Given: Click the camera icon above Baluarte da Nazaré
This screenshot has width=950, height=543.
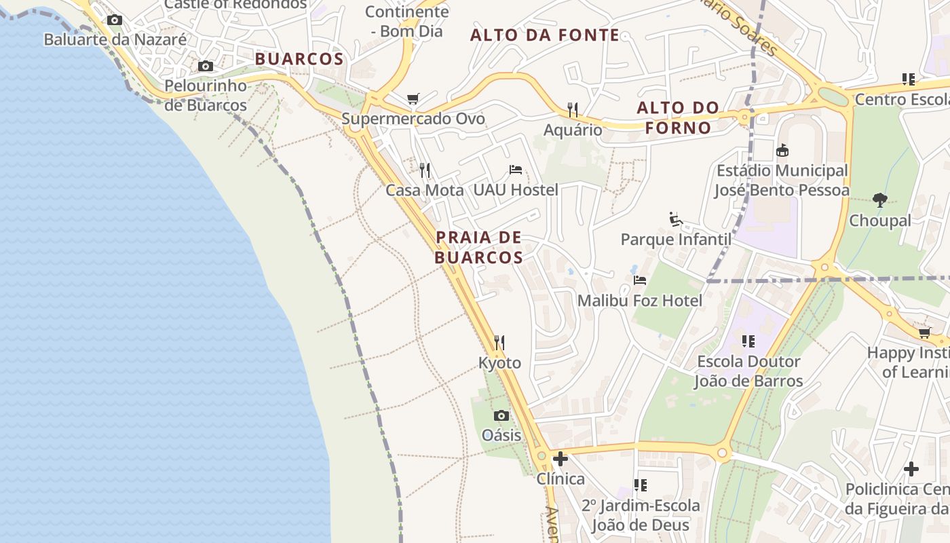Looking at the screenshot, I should tap(115, 20).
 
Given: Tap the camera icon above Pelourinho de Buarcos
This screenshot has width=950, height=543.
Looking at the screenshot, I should tap(206, 67).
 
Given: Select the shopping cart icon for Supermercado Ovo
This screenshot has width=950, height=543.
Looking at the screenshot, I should tap(413, 99).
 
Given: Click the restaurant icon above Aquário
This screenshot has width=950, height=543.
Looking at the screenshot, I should tap(573, 109).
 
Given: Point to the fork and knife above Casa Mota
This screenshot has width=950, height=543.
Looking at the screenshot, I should tap(425, 170).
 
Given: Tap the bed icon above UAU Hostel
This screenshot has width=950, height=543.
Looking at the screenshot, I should tap(516, 170).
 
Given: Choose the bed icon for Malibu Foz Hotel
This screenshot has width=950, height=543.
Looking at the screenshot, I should tap(639, 280).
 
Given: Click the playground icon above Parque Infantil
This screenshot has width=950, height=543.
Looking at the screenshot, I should tap(676, 219).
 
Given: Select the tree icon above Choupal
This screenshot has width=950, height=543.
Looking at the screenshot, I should tap(880, 200).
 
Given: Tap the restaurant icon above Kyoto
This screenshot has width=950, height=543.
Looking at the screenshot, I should tap(499, 342).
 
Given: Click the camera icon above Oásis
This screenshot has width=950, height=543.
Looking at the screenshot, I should tap(501, 415).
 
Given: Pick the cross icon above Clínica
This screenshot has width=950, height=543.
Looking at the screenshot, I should tap(560, 459).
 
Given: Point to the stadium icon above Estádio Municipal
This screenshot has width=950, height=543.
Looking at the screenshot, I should tap(782, 150).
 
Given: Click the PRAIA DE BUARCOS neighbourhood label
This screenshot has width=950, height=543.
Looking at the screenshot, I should tap(479, 247).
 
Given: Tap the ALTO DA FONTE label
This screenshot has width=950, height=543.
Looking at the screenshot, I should tap(545, 35).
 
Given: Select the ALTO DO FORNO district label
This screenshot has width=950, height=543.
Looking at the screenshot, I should tap(678, 117).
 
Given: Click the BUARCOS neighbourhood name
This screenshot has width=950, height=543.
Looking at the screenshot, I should tap(299, 59).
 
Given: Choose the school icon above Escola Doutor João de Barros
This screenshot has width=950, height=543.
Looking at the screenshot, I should tap(748, 341).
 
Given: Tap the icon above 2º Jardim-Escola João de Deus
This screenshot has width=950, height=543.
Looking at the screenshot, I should tap(640, 485).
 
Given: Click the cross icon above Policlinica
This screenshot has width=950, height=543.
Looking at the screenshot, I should tap(911, 469).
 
